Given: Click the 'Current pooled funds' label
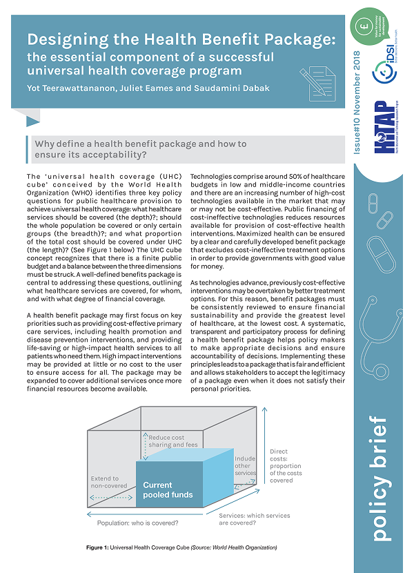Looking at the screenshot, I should [x=168, y=490].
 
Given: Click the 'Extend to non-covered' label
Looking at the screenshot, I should [x=106, y=482].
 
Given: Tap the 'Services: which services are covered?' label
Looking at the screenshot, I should [x=254, y=519].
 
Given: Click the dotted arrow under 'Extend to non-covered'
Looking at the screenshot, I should [x=110, y=497].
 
